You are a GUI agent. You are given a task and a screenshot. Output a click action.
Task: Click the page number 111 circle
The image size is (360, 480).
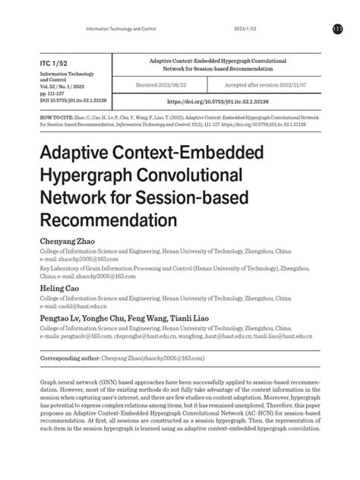pyautogui.click(x=337, y=28)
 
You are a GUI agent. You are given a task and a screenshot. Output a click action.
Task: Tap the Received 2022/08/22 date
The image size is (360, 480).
pyautogui.click(x=174, y=85)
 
